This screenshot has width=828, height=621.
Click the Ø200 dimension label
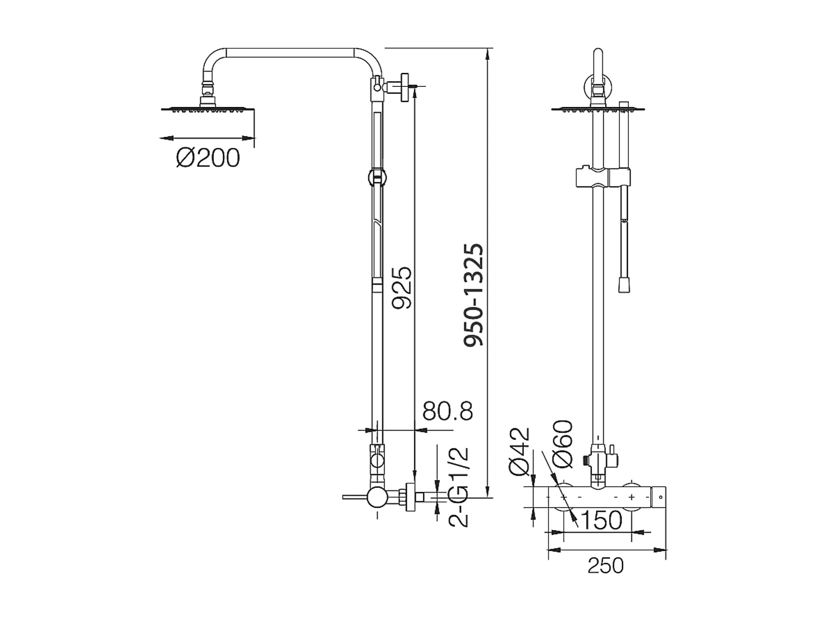tap(208, 158)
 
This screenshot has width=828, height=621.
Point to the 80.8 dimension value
tap(448, 411)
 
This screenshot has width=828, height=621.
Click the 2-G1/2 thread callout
tap(459, 487)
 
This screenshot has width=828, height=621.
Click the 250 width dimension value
tap(605, 566)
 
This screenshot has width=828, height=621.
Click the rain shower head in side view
tap(208, 109)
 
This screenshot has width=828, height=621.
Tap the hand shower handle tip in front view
tap(625, 286)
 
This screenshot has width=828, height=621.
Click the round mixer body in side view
tap(377, 497)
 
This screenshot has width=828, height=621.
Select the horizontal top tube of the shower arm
tap(290, 52)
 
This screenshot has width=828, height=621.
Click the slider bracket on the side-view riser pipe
tap(376, 177)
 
